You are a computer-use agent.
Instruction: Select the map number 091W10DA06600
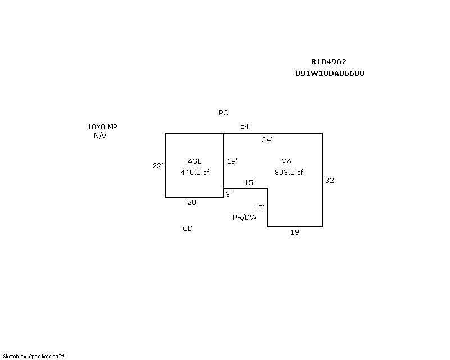[x=330, y=74]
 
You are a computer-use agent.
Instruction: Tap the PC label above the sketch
[x=223, y=113]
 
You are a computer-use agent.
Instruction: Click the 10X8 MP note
[x=102, y=127]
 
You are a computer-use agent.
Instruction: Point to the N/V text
[x=101, y=136]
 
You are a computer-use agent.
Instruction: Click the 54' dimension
[x=245, y=127]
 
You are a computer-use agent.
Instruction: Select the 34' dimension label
[x=267, y=140]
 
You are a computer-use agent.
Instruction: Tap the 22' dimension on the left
[x=157, y=166]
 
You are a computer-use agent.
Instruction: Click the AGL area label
[x=194, y=161]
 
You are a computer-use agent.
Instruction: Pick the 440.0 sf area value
[x=194, y=173]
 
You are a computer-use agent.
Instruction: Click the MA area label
[x=286, y=162]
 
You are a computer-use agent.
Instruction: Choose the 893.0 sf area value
[x=289, y=173]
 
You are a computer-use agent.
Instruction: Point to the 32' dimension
[x=331, y=181]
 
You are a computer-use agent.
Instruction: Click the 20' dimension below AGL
[x=192, y=202]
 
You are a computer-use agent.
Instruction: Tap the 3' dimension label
[x=228, y=194]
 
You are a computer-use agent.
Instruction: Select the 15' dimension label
[x=249, y=183]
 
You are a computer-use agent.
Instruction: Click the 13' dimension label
[x=259, y=208]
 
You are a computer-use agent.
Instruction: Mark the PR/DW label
[x=245, y=218]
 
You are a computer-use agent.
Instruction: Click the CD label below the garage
[x=188, y=228]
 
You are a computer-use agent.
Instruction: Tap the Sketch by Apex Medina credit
[x=34, y=357]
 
